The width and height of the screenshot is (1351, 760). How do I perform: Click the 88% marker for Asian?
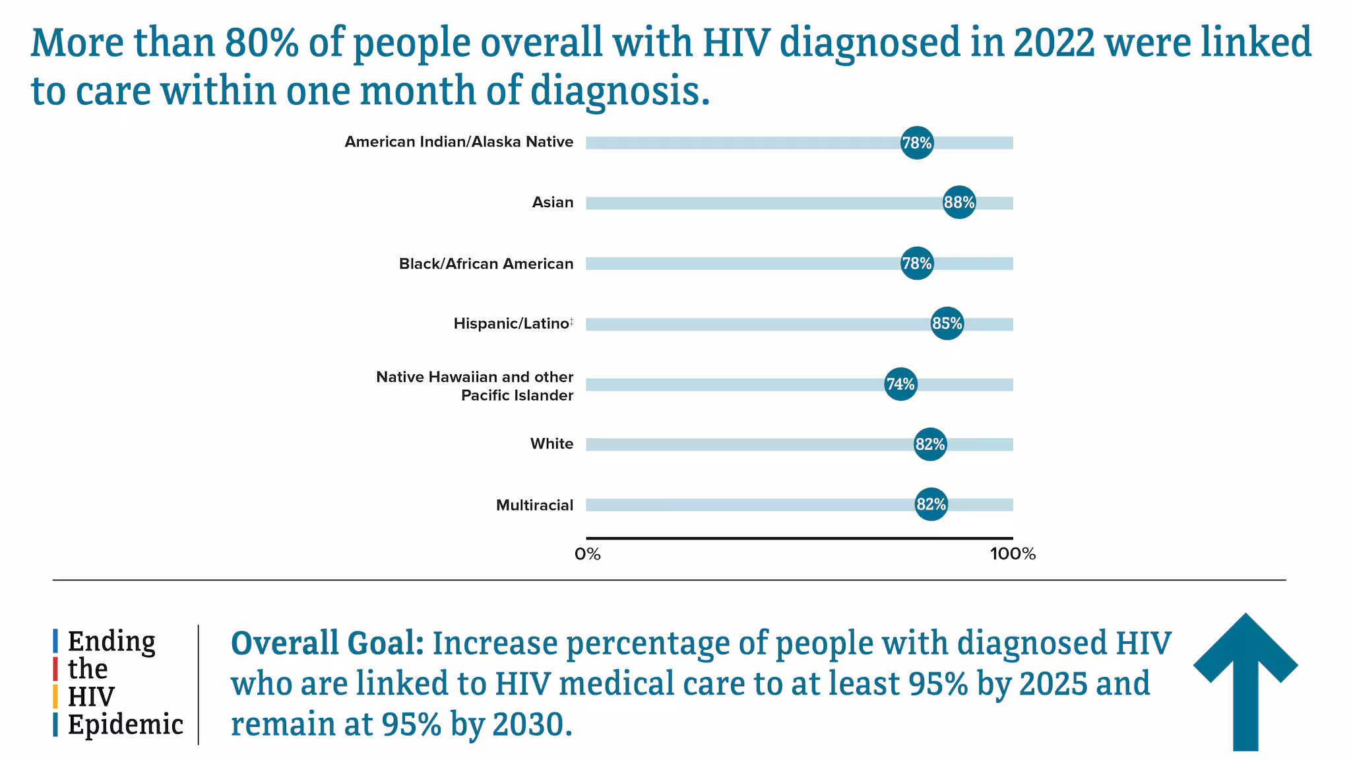pyautogui.click(x=959, y=203)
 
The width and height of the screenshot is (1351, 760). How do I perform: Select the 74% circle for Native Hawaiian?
pyautogui.click(x=900, y=384)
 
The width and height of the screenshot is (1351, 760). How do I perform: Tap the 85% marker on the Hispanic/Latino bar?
pyautogui.click(x=947, y=323)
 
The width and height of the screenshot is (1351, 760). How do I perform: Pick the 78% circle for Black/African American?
pyautogui.click(x=917, y=263)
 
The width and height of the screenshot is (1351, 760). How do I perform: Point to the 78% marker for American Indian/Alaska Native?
pyautogui.click(x=917, y=142)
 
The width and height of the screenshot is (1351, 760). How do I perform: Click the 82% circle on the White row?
pyautogui.click(x=930, y=444)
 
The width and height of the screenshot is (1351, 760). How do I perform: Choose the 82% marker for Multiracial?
pyautogui.click(x=931, y=505)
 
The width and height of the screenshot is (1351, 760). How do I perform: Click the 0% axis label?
pyautogui.click(x=587, y=554)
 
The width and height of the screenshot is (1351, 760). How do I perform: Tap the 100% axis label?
pyautogui.click(x=1013, y=554)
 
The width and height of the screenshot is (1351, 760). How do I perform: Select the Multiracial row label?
pyautogui.click(x=534, y=505)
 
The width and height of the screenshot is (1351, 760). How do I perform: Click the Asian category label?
pyautogui.click(x=553, y=203)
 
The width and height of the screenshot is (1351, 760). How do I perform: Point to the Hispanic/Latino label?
pyautogui.click(x=511, y=324)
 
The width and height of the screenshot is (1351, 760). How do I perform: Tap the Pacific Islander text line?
pyautogui.click(x=517, y=396)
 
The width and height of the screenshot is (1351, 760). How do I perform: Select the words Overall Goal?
pyautogui.click(x=327, y=643)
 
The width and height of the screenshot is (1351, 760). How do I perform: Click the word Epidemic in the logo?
pyautogui.click(x=125, y=724)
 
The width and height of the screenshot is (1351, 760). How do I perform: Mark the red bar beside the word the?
pyautogui.click(x=55, y=669)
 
